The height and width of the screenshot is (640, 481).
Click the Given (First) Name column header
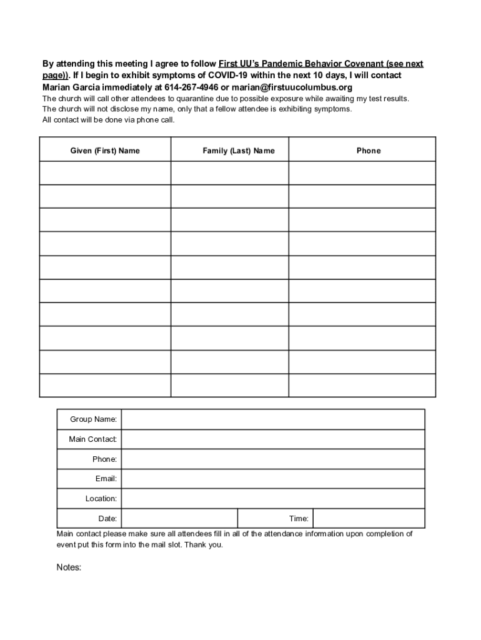(x=105, y=151)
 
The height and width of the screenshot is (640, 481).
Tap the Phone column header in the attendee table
(x=369, y=151)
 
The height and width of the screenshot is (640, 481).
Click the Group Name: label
(x=93, y=419)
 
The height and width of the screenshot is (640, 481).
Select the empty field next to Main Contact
(x=273, y=439)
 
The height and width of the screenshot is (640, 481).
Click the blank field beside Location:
(x=273, y=499)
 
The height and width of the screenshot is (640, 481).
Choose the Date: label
(x=107, y=519)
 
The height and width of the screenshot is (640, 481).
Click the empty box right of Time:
(x=369, y=519)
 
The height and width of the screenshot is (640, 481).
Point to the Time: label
(x=299, y=519)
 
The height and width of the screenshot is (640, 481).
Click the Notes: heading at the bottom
(x=69, y=567)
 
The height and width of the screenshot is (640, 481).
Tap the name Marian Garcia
(x=71, y=87)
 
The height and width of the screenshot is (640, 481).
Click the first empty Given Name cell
(x=105, y=173)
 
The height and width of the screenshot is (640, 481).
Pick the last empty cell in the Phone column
(x=362, y=385)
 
